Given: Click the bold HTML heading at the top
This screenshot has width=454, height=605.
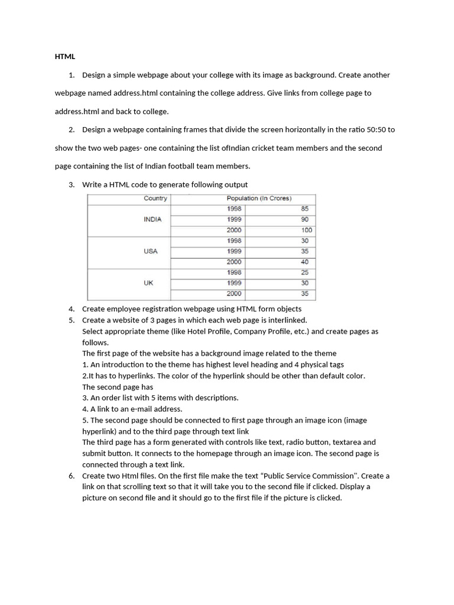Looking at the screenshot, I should pos(65,57).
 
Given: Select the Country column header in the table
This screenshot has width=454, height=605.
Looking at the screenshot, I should pos(155,199).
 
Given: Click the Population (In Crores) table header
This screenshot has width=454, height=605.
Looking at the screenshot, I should pos(259,199).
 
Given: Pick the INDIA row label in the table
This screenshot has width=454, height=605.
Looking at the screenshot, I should pos(153,219).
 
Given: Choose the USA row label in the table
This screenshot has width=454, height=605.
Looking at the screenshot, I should pos(151,251).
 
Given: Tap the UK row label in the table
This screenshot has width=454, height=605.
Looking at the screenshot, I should pos(148,283).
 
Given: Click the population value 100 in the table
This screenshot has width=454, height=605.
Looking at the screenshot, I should pos(306,230).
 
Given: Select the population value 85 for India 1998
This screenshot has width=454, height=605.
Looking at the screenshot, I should pos(304,209).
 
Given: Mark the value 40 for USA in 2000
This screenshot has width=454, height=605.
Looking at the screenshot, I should pos(304,262).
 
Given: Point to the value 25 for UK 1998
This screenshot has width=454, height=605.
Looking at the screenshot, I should pos(304,272).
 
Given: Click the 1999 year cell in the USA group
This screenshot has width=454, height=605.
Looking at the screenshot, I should pos(234,251).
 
